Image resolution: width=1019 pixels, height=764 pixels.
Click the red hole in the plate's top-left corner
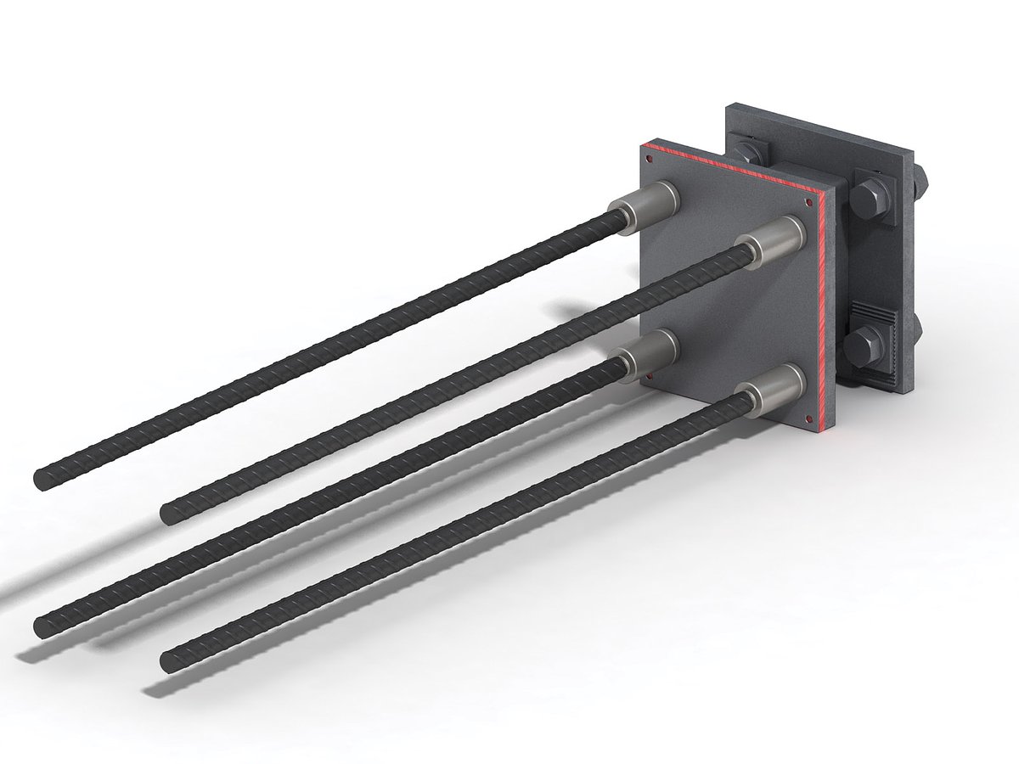[x=649, y=156]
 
